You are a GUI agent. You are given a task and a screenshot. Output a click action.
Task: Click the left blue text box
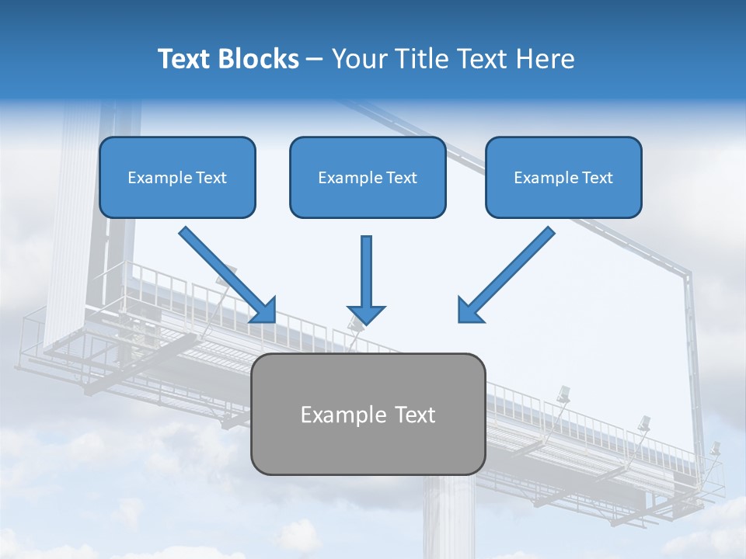(x=177, y=177)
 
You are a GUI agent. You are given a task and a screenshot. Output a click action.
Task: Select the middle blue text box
(x=368, y=177)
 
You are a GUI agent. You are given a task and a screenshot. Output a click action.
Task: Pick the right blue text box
(x=563, y=177)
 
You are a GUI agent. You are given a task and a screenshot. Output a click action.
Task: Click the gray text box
(x=368, y=414)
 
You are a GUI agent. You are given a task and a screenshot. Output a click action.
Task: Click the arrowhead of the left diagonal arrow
(x=264, y=310)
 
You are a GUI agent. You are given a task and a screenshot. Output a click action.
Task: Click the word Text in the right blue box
(x=598, y=178)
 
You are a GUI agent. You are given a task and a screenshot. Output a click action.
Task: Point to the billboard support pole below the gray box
(x=448, y=516)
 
